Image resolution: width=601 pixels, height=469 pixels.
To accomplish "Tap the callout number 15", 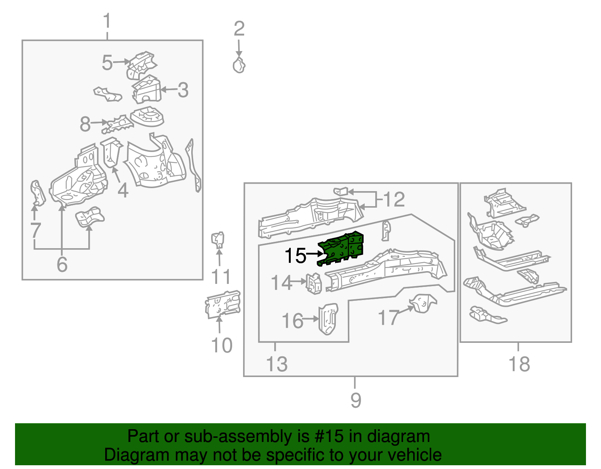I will [295, 256].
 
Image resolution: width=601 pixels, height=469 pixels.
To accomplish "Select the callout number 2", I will [239, 29].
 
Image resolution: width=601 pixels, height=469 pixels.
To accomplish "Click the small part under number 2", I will [239, 66].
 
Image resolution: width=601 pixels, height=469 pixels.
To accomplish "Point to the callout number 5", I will [107, 63].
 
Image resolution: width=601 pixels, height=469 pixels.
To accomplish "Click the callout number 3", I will [183, 90].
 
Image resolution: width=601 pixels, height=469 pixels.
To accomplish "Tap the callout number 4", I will [123, 191].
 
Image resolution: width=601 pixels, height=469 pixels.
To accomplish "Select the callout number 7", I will [35, 230].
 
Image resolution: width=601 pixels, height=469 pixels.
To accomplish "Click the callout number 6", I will [62, 264].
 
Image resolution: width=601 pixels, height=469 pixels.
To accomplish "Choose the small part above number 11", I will [218, 239].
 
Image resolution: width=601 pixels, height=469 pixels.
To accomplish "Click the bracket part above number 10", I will [223, 304].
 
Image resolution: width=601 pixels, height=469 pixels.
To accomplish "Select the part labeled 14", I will [314, 284].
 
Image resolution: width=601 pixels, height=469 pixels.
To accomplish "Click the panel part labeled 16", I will [328, 319].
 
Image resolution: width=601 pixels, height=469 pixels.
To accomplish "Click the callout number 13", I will [277, 364].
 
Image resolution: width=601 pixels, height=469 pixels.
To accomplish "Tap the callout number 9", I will [355, 400].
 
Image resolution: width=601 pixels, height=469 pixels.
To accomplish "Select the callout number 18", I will [519, 364].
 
